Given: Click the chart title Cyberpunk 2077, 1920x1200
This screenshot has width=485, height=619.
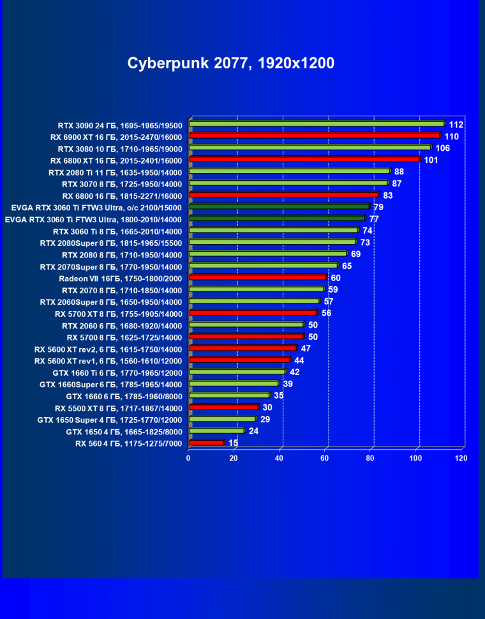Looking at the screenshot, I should click(230, 63).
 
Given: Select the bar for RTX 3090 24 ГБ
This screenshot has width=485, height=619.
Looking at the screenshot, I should click(317, 124).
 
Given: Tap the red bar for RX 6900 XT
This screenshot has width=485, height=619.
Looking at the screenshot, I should click(315, 135).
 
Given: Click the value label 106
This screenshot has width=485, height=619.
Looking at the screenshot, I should click(443, 148).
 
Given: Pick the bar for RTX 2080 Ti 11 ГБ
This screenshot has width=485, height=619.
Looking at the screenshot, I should click(289, 171).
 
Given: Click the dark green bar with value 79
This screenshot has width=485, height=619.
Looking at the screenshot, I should click(279, 206).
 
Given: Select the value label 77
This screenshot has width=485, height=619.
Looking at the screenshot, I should click(374, 219).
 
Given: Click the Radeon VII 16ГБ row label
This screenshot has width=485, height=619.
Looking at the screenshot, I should click(121, 278).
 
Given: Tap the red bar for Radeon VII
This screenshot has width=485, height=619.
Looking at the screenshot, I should click(257, 277).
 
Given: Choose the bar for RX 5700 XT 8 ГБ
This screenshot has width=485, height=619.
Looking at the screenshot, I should click(253, 313).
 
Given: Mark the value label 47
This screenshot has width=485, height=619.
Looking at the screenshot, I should click(306, 348).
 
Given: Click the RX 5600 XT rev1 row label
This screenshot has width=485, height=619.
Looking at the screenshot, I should click(108, 361).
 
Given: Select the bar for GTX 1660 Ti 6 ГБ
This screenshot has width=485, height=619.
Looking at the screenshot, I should click(237, 372).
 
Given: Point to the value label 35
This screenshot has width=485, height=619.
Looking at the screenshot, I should click(278, 395).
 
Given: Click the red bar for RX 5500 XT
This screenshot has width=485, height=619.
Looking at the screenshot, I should click(223, 407).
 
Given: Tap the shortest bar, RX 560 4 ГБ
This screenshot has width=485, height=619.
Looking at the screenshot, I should click(206, 442).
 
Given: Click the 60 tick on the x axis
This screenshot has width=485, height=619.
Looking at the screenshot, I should click(325, 458).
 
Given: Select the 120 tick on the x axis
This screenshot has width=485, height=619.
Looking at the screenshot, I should click(461, 458).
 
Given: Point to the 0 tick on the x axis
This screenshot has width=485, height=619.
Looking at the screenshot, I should click(188, 458).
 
